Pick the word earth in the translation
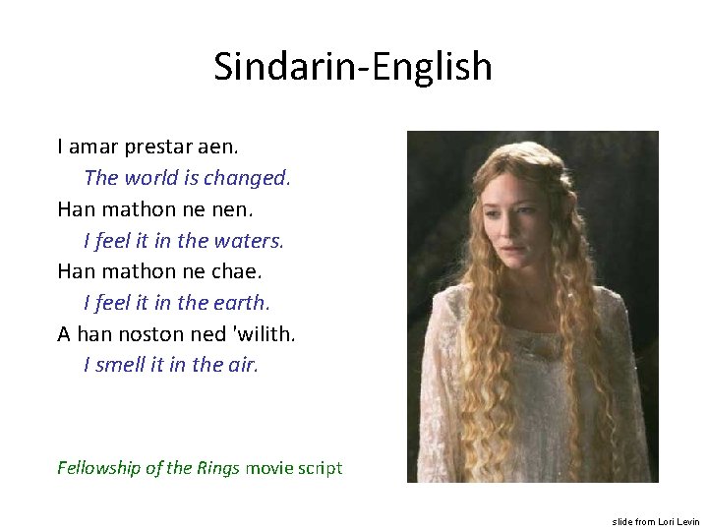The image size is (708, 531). pyautogui.click(x=242, y=303)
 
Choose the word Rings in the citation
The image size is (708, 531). pyautogui.click(x=215, y=468)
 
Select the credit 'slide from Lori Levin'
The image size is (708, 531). pyautogui.click(x=656, y=521)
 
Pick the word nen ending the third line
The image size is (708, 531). pyautogui.click(x=221, y=209)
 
